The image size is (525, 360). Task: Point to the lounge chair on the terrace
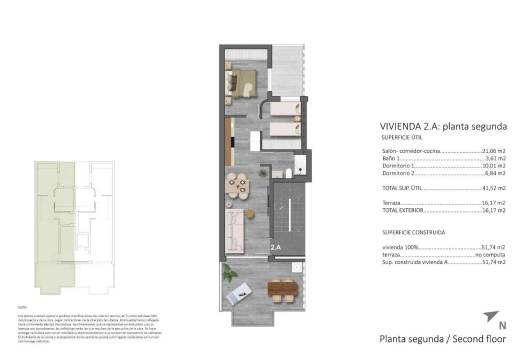(x=240, y=291)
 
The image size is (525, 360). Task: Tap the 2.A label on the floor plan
(x=274, y=245)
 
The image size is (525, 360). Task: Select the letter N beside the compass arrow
(x=501, y=325)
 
